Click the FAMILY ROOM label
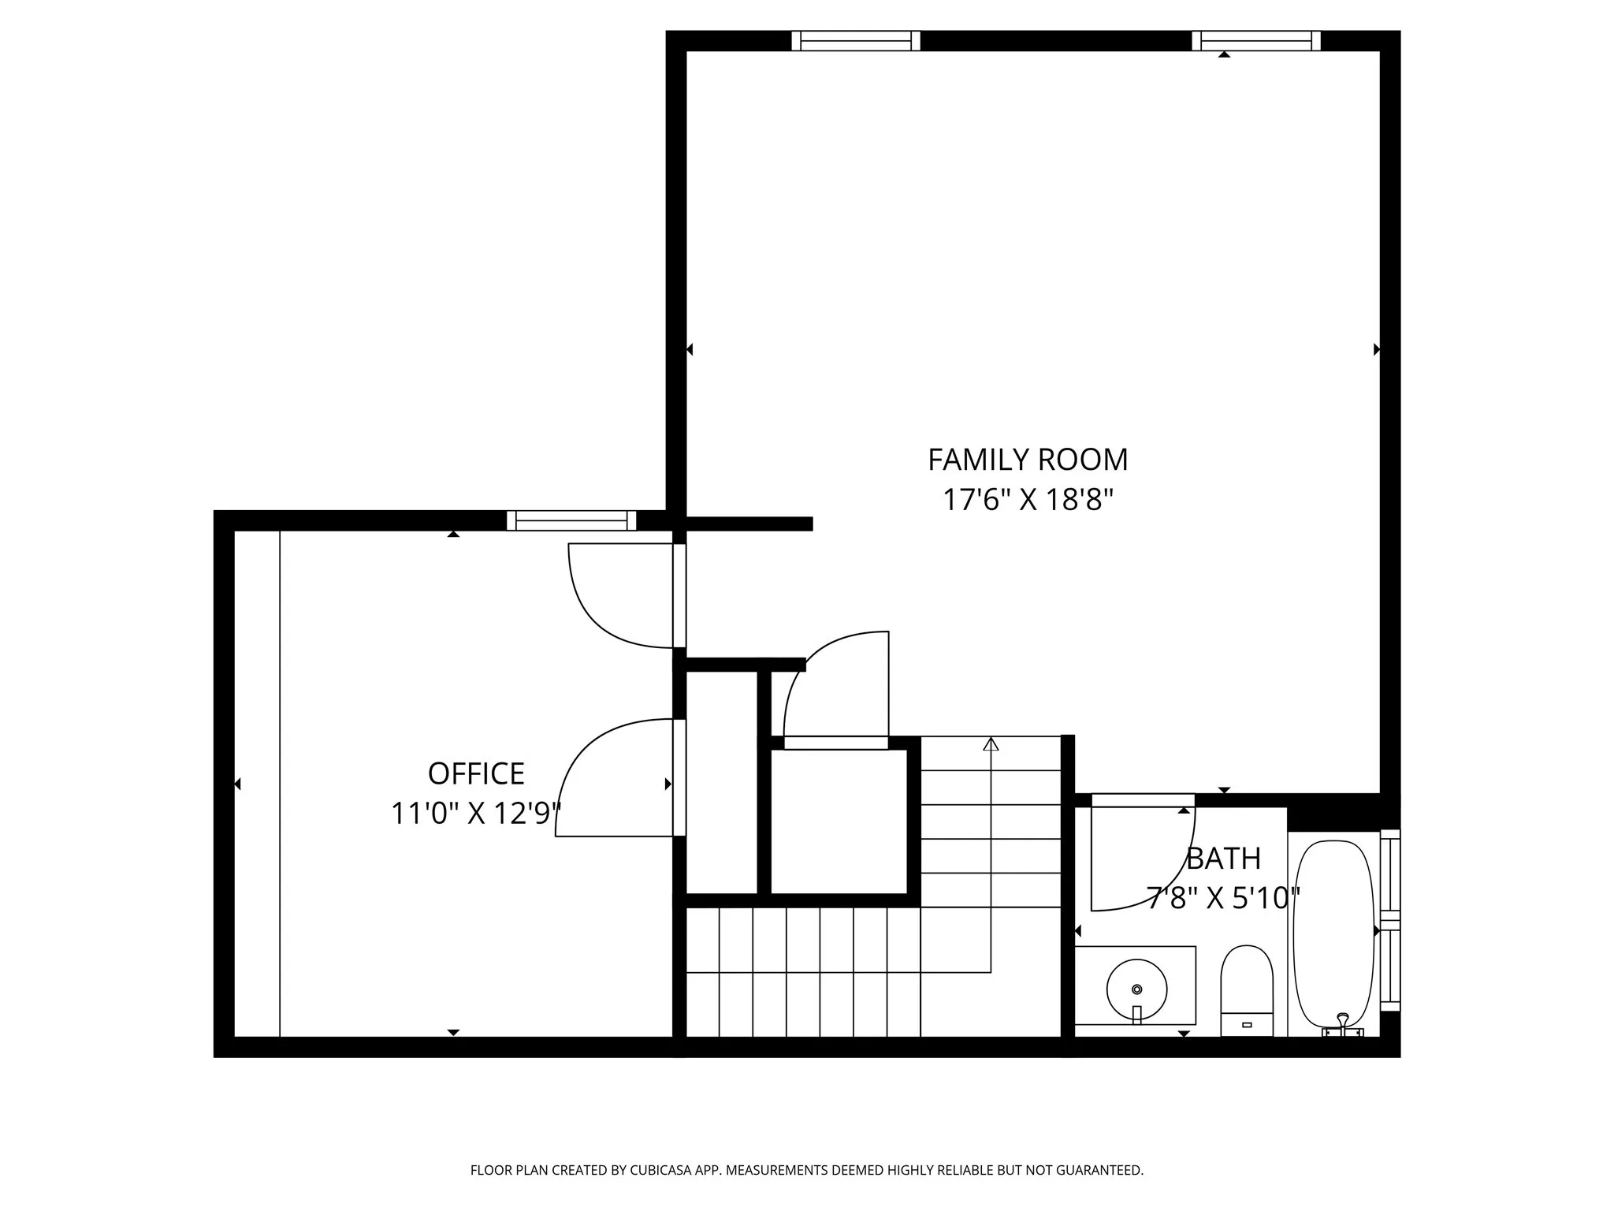[x=1028, y=460]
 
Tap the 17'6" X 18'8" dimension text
[x=1028, y=500]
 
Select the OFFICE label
[x=476, y=774]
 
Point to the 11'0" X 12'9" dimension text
[x=476, y=814]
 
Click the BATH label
[x=1223, y=859]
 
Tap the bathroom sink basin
[x=1136, y=989]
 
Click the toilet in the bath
[x=1247, y=989]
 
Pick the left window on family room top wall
[x=856, y=41]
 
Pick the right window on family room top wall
[x=1256, y=41]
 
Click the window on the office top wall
[x=571, y=520]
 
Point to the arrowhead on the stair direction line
[x=991, y=743]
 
